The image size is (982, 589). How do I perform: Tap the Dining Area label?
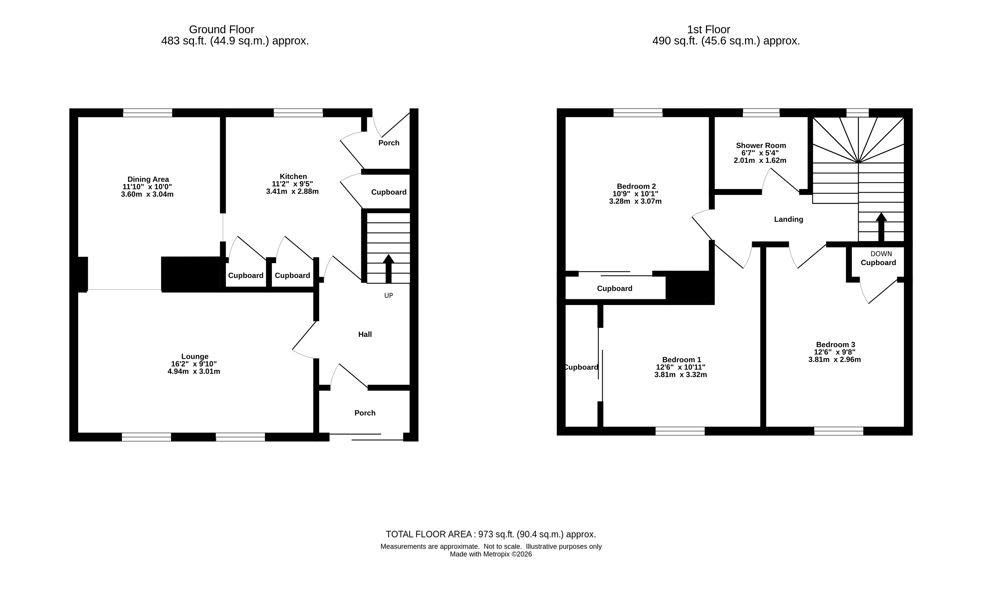[x=148, y=179]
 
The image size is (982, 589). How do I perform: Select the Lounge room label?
[x=195, y=356]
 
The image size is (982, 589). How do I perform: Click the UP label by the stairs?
[x=388, y=296]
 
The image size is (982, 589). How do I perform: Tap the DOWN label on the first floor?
[x=881, y=254]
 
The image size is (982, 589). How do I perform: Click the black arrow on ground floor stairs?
[x=388, y=269]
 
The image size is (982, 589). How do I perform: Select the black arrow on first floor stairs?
[x=881, y=227]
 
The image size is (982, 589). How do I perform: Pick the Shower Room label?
[x=761, y=146]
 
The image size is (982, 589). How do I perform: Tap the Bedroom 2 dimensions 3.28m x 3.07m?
[x=635, y=201]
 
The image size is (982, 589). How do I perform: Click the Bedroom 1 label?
[x=681, y=360]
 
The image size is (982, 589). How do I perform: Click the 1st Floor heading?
[x=709, y=29]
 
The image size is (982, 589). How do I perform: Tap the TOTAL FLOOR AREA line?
[x=491, y=534]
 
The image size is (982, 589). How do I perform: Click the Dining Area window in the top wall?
[x=148, y=113]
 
